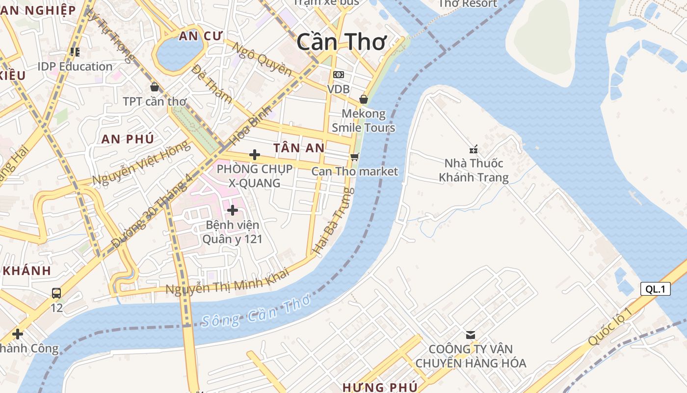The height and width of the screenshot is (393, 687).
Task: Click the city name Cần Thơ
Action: pos(341,42)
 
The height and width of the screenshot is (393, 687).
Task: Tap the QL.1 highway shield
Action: pos(655,289)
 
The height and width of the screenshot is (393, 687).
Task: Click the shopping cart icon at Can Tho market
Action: pos(354,157)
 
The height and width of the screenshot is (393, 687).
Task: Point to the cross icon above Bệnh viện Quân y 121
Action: pos(233,210)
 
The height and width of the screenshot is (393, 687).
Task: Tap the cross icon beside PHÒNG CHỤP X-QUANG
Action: pos(254,155)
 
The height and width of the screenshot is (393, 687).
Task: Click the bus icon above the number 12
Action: pos(56,293)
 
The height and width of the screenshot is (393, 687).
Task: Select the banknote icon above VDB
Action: pos(338,75)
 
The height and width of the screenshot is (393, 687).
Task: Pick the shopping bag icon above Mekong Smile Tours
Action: pos(363,99)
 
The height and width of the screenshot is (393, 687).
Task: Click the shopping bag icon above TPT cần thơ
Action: pos(155,87)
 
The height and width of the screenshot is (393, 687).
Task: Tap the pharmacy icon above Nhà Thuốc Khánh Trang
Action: pos(474,149)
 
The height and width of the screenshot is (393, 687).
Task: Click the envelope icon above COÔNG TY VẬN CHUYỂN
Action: pos(470,335)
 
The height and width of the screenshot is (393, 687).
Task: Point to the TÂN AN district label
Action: pos(299,148)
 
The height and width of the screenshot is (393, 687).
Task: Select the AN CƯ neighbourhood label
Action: pos(201,36)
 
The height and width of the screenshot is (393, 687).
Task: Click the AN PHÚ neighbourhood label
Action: pos(128,139)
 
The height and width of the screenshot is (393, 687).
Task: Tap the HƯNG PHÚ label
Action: pos(380,387)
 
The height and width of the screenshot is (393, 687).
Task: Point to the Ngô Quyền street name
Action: pos(261,59)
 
